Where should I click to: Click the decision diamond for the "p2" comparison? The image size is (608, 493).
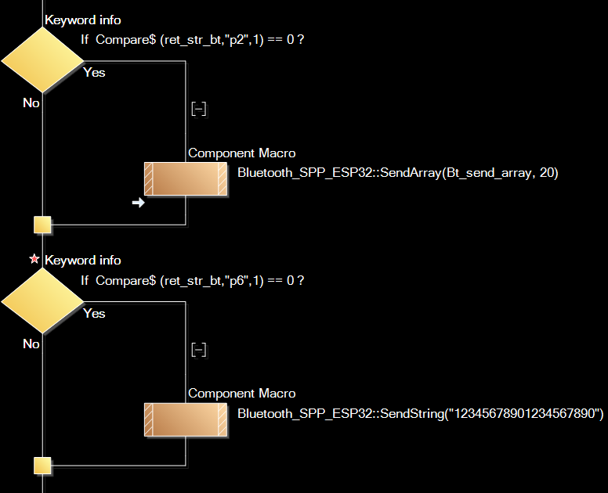[42, 60]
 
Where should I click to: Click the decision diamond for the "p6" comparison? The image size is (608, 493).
[42, 301]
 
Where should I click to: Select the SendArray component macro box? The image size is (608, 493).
[186, 179]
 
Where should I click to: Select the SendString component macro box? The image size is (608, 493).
[186, 419]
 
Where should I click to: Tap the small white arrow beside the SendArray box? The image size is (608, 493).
[139, 203]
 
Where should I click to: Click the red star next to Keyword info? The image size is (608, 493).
[34, 259]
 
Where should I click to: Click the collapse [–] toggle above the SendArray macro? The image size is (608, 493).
[199, 110]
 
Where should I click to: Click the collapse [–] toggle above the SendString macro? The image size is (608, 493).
[199, 350]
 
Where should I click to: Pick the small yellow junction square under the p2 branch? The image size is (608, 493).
[43, 225]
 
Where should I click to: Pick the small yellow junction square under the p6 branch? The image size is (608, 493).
[43, 466]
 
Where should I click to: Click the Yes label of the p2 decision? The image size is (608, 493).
[94, 73]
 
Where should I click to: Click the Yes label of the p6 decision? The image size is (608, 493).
[94, 314]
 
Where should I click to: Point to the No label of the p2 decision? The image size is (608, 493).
[31, 103]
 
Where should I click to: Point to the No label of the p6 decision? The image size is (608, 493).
[31, 344]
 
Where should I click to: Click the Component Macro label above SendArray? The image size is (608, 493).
[242, 153]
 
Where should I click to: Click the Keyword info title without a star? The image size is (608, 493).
[83, 20]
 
